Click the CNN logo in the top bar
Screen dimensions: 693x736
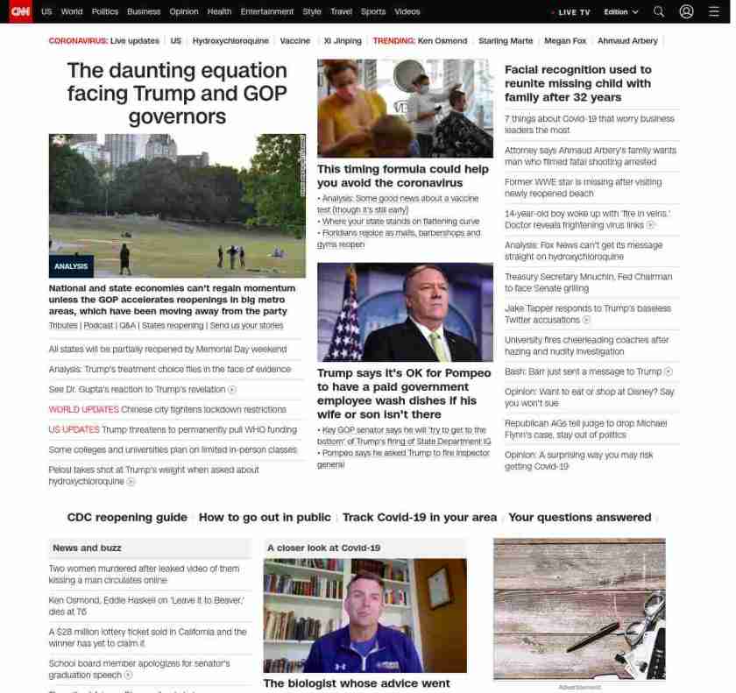pyautogui.click(x=19, y=11)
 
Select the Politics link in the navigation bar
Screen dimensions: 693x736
pyautogui.click(x=104, y=12)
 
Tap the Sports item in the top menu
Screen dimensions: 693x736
pyautogui.click(x=373, y=12)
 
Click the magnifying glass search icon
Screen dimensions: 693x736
pyautogui.click(x=659, y=12)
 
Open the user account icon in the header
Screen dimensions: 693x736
pyautogui.click(x=686, y=12)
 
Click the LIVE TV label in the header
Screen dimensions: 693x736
pyautogui.click(x=574, y=12)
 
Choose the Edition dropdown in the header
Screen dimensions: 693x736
pyautogui.click(x=620, y=12)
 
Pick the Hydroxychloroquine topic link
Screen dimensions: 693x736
pyautogui.click(x=230, y=41)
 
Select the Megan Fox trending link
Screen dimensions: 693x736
pyautogui.click(x=564, y=41)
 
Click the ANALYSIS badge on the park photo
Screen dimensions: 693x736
pyautogui.click(x=71, y=266)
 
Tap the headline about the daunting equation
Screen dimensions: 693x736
pyautogui.click(x=176, y=93)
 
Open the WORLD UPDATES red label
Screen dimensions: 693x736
pyautogui.click(x=83, y=409)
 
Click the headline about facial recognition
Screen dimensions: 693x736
pyautogui.click(x=577, y=83)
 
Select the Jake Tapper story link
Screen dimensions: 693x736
pyautogui.click(x=587, y=314)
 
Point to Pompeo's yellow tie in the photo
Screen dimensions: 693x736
pyautogui.click(x=436, y=345)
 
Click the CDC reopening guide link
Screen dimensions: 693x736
pyautogui.click(x=127, y=518)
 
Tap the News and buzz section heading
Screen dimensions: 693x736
pyautogui.click(x=87, y=548)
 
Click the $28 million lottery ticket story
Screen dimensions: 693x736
pyautogui.click(x=147, y=637)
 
